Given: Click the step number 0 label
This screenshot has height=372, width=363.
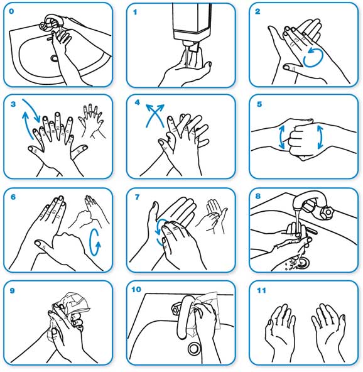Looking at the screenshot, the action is coord(11,11).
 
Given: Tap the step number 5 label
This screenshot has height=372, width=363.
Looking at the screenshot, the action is coord(259,104).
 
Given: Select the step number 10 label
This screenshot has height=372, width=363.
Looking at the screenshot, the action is coord(136,290).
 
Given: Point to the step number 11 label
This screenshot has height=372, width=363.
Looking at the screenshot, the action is coord(261,290).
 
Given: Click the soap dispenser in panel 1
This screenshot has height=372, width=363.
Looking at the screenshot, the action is coord(192,24).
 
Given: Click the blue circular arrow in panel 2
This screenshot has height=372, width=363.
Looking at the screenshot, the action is coord(313,57).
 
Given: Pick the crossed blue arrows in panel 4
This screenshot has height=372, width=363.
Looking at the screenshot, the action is coord(155,116).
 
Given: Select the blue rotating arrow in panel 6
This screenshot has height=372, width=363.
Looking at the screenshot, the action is coord(95,242).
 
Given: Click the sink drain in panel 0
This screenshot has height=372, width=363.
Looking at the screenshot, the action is coord(54,58).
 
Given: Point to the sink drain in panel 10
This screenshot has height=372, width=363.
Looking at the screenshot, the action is coord(195,348).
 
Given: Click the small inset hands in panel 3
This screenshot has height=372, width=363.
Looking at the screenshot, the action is coord(92,121).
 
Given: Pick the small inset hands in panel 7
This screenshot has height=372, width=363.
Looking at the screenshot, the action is coord(212,216).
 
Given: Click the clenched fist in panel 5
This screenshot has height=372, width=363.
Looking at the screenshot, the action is coord(299,140).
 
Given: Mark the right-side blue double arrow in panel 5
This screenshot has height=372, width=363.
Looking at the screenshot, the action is coord(320,137).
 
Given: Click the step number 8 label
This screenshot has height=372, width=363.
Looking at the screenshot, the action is coord(258,196).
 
